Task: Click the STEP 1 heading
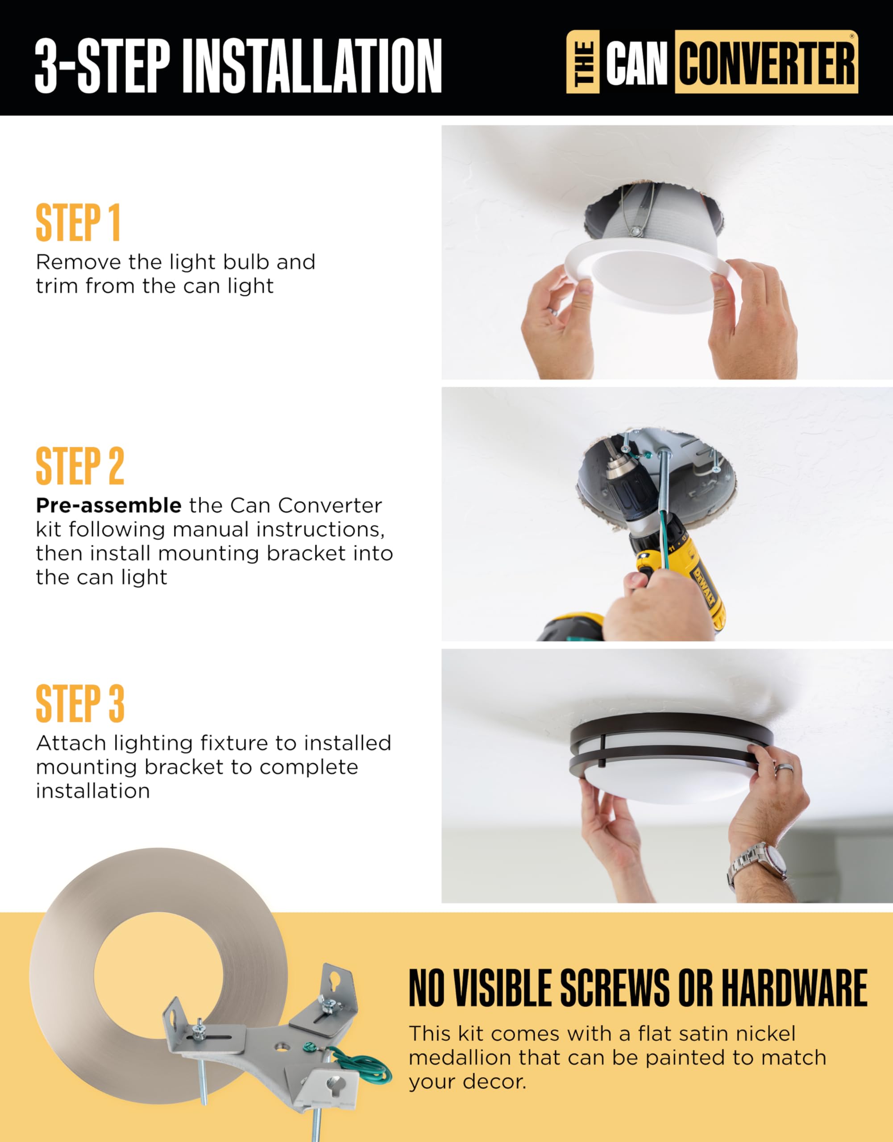[x=78, y=223]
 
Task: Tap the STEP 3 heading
[x=79, y=704]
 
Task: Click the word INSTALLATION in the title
[x=312, y=66]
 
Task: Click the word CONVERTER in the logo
[x=766, y=63]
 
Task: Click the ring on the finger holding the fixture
[x=784, y=768]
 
